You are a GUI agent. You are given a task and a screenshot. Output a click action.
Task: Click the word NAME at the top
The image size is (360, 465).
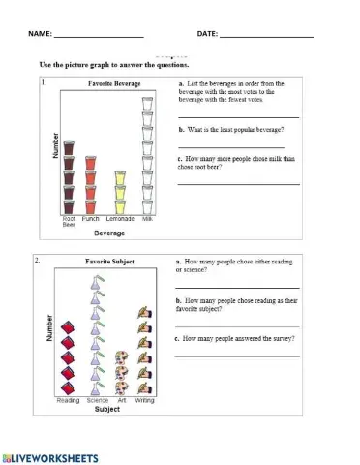point(40,34)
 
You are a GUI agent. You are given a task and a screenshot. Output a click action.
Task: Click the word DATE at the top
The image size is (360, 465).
point(207,34)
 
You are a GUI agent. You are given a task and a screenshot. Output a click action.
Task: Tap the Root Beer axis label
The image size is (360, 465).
point(69,222)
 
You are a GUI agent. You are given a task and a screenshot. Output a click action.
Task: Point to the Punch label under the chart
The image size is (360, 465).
point(92,219)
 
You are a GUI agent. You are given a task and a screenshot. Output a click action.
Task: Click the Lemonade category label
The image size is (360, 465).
point(120,219)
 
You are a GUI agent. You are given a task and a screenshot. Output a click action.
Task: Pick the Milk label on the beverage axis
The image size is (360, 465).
point(147,219)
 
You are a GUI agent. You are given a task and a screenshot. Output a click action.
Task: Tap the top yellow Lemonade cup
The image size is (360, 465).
point(120,178)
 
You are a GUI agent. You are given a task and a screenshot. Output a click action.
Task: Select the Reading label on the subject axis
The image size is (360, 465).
point(68,400)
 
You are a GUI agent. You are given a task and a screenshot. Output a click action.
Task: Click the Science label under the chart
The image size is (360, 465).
point(96,400)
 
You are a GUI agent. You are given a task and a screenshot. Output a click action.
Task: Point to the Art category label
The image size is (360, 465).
point(121,400)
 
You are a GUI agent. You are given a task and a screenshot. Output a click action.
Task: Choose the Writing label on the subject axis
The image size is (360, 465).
point(144,400)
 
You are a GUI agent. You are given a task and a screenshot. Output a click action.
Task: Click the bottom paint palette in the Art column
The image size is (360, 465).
point(121,387)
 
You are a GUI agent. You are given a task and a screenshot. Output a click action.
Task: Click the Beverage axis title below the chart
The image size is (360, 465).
point(108,233)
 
